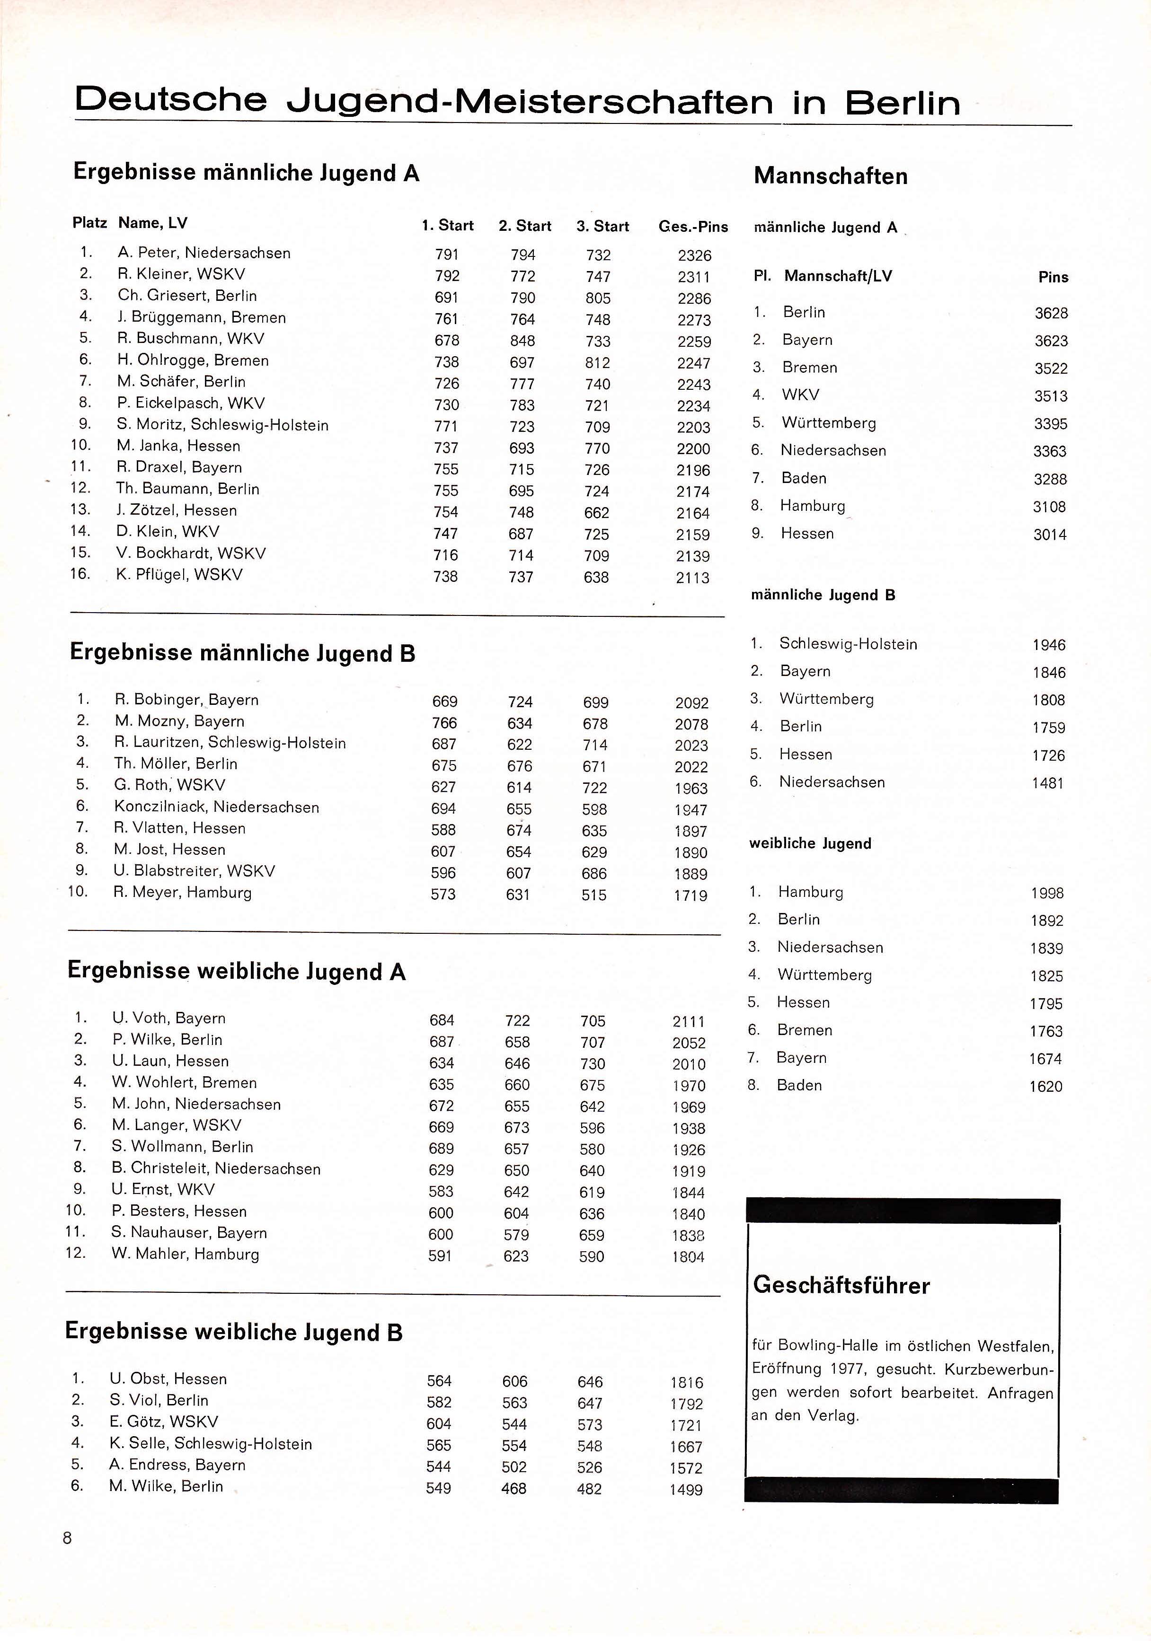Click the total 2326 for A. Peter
(694, 255)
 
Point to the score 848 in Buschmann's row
(522, 341)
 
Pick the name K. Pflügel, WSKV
(179, 575)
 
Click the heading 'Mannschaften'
(830, 176)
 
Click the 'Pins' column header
(1053, 277)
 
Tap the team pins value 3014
(1050, 535)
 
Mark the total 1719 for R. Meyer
(690, 895)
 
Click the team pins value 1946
(1048, 645)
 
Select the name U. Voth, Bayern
(168, 1018)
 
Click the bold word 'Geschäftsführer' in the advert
(841, 1285)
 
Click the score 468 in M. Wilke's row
(514, 1489)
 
